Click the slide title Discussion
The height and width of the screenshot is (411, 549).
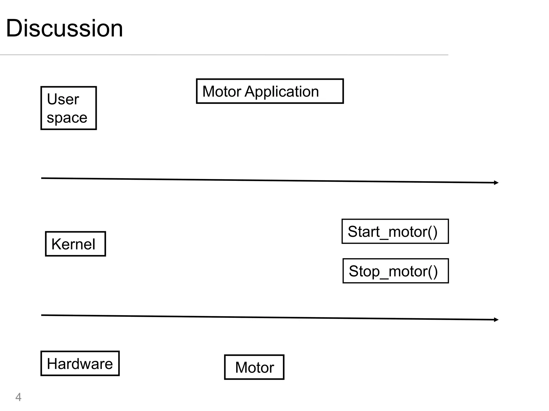pos(64,28)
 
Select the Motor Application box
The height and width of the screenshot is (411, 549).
pos(270,91)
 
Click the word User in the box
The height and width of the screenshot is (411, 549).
pos(63,99)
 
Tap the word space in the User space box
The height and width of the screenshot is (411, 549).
pos(67,118)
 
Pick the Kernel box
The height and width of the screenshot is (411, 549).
pos(75,244)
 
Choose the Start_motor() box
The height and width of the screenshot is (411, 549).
pos(395,231)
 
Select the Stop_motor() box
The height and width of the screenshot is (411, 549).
pos(395,271)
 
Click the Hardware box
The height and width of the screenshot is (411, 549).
pos(80,363)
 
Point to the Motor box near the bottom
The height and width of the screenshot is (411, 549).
pos(254,367)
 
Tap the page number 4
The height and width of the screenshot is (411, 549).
pos(18,397)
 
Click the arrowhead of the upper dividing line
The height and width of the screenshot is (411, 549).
pos(496,183)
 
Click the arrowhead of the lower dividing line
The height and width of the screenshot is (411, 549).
pos(496,319)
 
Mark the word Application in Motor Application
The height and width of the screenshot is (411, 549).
pos(282,92)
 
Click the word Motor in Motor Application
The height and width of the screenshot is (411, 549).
pos(222,92)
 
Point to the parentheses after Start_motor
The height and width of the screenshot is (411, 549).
pos(432,232)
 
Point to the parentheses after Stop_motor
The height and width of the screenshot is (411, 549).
pos(433,272)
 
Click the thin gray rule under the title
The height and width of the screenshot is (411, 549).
pos(224,55)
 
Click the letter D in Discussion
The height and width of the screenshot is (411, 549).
pos(15,28)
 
